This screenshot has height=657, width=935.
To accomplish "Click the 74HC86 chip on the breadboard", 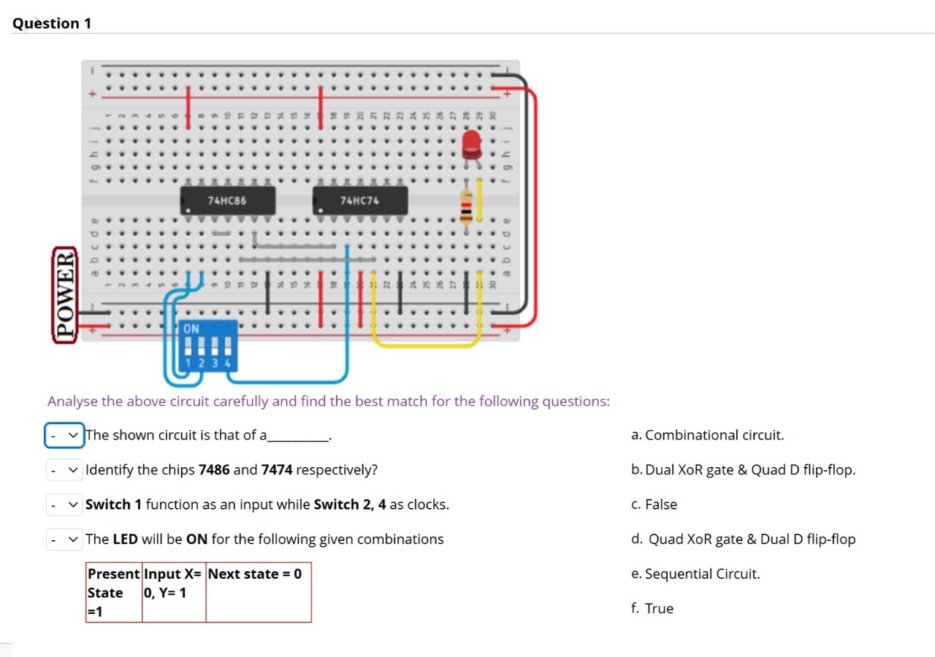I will point(228,200).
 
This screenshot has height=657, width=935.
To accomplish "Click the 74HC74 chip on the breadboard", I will point(359,200).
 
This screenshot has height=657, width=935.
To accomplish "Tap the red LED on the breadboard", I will point(471,144).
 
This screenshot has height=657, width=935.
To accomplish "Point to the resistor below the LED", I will point(465,204).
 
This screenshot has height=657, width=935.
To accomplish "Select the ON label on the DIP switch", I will point(191,328).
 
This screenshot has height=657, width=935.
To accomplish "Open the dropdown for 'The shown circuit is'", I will point(64,435).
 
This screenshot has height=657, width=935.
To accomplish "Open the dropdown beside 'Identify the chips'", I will point(64,470).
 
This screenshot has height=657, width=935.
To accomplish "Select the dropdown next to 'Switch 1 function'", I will point(64,504).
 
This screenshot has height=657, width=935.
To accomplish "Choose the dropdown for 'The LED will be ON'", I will point(64,539).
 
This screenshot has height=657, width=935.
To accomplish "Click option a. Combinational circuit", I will point(707,435).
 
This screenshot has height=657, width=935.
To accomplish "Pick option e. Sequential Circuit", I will point(695,574).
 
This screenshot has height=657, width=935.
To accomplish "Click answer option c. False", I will point(654,504).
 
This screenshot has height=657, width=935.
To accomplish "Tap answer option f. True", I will point(652,609).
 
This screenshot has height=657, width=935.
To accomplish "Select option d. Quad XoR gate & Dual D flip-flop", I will point(743,539).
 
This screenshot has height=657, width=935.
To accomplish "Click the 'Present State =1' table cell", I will point(114,592).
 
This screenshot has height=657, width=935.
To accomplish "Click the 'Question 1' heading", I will point(52,23).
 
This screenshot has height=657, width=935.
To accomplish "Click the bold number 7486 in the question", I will point(214,470).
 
